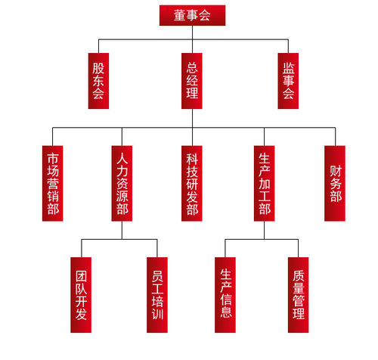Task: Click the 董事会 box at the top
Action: point(192,15)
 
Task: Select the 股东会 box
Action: point(98,81)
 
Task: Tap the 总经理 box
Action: point(192,81)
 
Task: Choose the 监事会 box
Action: point(288,81)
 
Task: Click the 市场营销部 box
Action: point(52,183)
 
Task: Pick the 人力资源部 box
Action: point(122,183)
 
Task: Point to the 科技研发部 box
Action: point(192,183)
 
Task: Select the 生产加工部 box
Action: point(264,183)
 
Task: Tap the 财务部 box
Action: point(335,183)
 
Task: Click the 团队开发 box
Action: point(81,295)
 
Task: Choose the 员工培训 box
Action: point(157,295)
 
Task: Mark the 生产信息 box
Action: point(225,295)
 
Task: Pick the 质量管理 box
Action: point(299,295)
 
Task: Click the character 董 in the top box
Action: point(180,15)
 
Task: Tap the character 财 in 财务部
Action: point(336,171)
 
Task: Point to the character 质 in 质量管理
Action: point(299,276)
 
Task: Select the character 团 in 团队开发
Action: point(81,277)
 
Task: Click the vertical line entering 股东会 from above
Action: point(98,46)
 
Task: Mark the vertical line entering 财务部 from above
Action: point(335,137)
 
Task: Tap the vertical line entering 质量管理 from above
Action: point(299,248)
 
